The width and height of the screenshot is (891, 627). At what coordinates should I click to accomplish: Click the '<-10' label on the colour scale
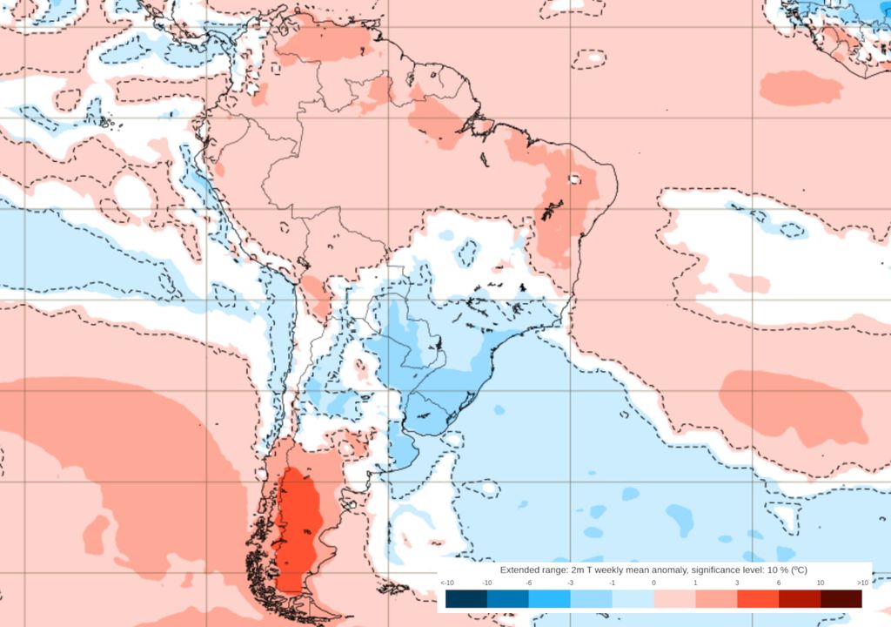[446, 582]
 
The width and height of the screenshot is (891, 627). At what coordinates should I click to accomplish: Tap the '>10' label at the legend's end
[861, 582]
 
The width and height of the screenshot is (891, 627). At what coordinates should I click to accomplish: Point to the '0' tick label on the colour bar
[653, 582]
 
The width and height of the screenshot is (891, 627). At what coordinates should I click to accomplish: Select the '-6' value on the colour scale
[528, 582]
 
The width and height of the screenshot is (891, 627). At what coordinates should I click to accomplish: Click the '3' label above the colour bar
[737, 582]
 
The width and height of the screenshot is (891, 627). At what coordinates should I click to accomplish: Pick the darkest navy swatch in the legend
[466, 598]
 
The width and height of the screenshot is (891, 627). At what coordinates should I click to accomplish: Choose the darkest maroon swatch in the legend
[841, 598]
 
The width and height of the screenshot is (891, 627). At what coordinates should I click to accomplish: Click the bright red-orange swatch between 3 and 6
[757, 598]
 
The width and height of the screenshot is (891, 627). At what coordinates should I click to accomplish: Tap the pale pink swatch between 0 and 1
[674, 598]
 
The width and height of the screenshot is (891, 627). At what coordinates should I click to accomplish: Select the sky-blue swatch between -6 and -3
[549, 598]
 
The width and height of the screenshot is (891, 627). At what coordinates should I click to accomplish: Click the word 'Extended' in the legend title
[520, 569]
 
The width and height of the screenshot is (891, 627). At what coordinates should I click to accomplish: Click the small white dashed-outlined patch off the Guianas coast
[590, 58]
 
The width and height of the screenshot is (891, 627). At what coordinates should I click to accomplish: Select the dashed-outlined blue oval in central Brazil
[468, 253]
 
